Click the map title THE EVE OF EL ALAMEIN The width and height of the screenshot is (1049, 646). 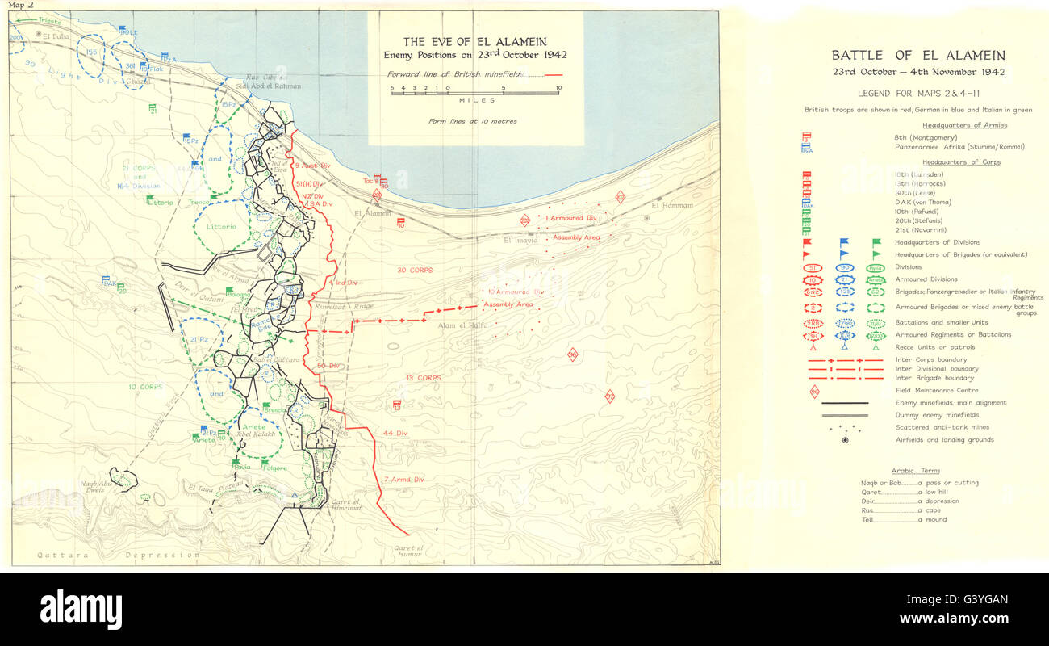tap(475, 42)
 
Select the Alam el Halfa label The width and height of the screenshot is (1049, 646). tap(459, 325)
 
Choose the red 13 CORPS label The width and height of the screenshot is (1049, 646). tap(423, 377)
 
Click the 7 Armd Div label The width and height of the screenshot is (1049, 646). tap(403, 479)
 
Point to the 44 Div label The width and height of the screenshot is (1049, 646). tap(393, 433)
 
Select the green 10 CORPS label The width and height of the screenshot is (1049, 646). tap(145, 387)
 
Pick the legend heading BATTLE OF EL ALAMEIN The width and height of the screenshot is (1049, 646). tap(918, 56)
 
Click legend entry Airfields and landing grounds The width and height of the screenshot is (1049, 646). tap(945, 439)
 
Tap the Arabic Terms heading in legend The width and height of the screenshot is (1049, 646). tap(915, 470)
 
